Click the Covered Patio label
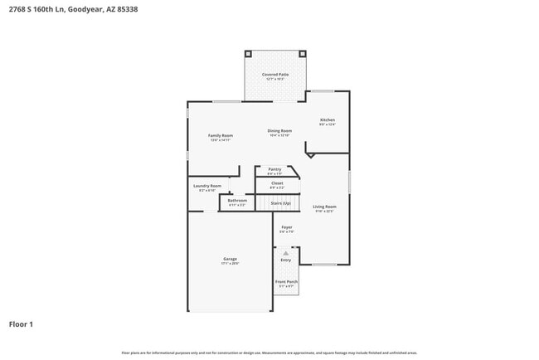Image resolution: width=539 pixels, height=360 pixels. (x=275, y=75)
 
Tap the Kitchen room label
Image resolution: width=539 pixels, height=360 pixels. (x=328, y=120)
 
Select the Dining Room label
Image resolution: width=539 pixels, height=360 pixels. (x=279, y=131)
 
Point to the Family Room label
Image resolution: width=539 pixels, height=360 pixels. (x=220, y=135)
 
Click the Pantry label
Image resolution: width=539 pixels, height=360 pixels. (x=274, y=169)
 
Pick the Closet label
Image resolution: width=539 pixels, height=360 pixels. (x=277, y=183)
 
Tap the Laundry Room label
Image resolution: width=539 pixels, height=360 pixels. (x=207, y=186)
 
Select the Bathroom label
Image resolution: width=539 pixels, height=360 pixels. (x=237, y=201)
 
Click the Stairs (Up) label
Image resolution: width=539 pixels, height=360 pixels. (x=280, y=202)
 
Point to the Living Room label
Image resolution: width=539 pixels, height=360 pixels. (x=324, y=207)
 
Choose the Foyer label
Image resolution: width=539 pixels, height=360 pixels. (x=287, y=227)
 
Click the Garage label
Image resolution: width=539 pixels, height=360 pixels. (x=230, y=260)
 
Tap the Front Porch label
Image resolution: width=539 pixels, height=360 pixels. (x=286, y=282)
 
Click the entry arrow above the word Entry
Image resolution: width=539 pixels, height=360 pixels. (x=286, y=252)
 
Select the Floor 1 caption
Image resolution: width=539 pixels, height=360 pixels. (x=21, y=324)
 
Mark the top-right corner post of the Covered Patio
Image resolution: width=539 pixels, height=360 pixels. (x=306, y=52)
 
